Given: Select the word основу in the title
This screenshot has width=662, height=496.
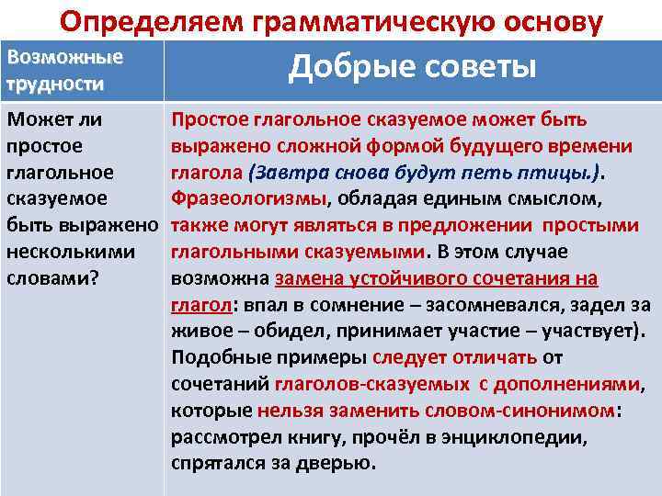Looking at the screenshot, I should (542, 20).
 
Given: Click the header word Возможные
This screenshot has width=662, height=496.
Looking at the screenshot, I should (64, 57).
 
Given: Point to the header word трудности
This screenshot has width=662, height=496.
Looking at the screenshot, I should (55, 84).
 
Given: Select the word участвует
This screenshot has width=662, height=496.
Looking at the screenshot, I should (593, 331).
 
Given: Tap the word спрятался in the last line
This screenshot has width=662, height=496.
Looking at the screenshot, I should (216, 463).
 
